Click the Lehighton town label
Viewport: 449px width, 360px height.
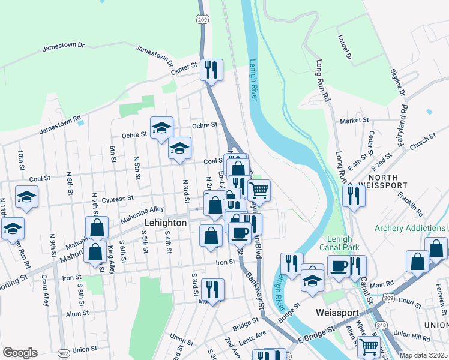click(165, 222)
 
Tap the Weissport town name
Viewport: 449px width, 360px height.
click(337, 313)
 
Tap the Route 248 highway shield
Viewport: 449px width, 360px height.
click(379, 325)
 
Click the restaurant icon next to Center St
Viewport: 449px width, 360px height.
click(211, 70)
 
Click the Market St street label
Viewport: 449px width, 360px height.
click(354, 121)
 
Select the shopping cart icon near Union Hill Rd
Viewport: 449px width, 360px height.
click(369, 347)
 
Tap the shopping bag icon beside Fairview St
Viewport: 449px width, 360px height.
click(436, 248)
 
